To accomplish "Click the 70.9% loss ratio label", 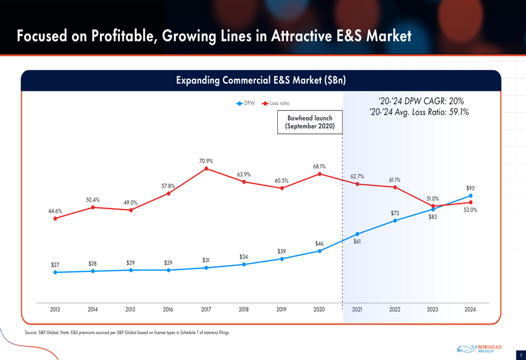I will click(x=206, y=161).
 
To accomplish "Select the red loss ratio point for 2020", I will click(x=319, y=174).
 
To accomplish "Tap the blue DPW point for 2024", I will click(x=471, y=196).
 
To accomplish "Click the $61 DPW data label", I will click(x=357, y=242).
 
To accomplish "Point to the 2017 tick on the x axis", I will click(x=206, y=310).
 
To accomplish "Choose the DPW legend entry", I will click(x=246, y=104).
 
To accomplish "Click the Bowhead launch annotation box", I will click(x=310, y=122).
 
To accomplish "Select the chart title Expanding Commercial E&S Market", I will click(x=260, y=80).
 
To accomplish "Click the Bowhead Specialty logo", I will click(x=479, y=349).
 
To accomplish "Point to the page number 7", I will click(x=520, y=356).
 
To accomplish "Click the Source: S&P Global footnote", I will click(x=127, y=333).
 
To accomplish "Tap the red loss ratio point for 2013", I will click(x=55, y=219).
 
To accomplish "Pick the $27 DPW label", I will click(x=55, y=265).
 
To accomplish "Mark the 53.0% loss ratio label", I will click(x=470, y=210).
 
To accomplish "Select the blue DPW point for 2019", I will click(x=282, y=259).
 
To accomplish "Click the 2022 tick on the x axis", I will click(x=394, y=310).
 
